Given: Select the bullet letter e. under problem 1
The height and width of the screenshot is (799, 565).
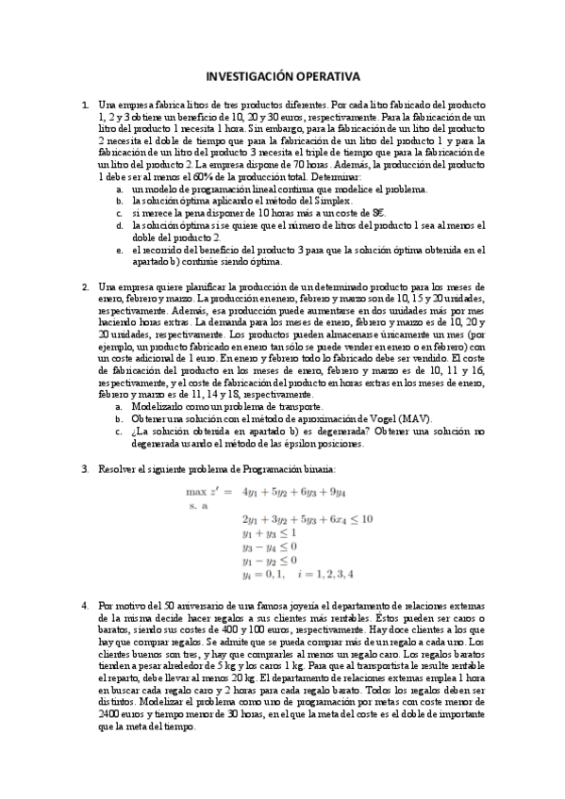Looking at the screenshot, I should click(x=119, y=251).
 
